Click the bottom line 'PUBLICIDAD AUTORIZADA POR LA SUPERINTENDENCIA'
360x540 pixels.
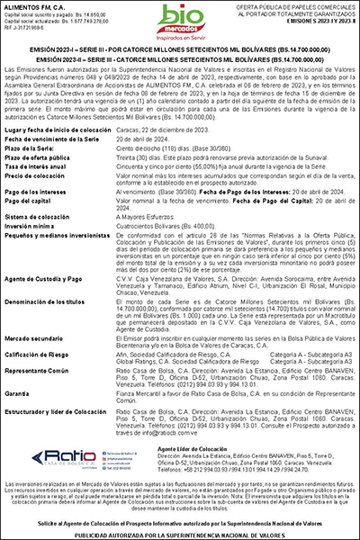click(179, 534)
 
